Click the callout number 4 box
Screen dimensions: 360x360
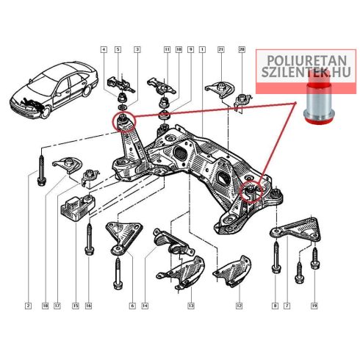pos(104,50)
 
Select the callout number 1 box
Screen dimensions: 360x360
pos(202,50)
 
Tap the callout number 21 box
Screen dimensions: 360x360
pos(221,50)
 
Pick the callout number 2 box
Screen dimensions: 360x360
pos(29,306)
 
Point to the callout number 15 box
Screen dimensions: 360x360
pos(76,306)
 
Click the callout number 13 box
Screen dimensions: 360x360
pos(191,306)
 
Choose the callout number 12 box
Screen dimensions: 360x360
pos(239,306)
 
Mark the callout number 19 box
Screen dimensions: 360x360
pos(314,306)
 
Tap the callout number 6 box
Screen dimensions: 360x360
pos(132,306)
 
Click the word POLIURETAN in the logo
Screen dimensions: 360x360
pos(307,61)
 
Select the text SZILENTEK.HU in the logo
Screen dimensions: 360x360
pos(306,72)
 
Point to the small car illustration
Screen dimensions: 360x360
pos(54,90)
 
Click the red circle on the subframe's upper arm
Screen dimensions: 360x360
pos(124,122)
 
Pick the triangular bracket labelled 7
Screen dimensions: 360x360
pos(296,229)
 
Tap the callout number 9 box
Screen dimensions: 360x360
pos(190,50)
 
